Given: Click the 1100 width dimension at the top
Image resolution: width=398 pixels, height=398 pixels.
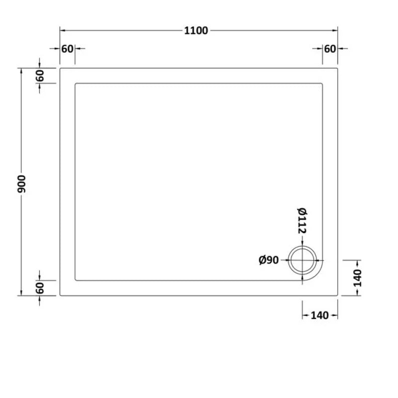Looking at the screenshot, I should (x=196, y=30).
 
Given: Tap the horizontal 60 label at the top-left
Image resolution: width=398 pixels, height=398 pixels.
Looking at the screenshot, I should (x=67, y=49).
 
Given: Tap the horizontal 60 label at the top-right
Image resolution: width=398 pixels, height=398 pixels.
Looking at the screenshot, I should (x=330, y=49).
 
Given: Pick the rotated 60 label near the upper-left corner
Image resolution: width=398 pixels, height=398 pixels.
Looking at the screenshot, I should (x=40, y=76).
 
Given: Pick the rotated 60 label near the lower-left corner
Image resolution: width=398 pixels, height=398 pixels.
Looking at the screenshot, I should (x=40, y=288).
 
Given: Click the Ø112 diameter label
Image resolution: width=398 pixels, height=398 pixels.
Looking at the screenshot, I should (x=302, y=222).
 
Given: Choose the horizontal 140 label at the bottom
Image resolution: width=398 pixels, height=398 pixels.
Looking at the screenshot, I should (x=320, y=315).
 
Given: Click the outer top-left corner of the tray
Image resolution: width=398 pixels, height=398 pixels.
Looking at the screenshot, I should (x=60, y=68).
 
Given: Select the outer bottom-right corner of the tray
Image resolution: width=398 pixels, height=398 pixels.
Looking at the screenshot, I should (x=338, y=296).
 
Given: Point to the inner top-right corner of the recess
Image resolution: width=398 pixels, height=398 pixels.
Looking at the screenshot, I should (x=323, y=84).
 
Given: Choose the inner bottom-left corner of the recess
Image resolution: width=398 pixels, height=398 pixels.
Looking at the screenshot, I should (x=75, y=280).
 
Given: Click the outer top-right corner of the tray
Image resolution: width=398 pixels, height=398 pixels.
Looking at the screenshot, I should (x=338, y=68).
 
